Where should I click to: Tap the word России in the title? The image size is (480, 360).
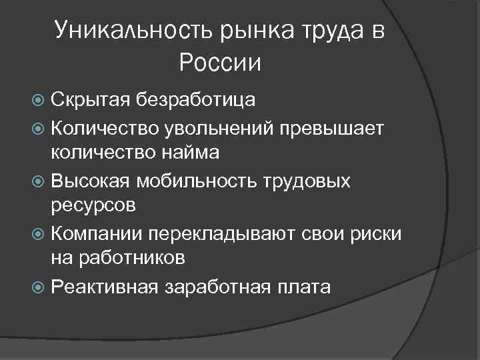click(220, 63)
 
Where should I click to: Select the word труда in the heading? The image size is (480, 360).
click(325, 31)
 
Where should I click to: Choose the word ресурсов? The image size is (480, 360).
click(94, 207)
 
